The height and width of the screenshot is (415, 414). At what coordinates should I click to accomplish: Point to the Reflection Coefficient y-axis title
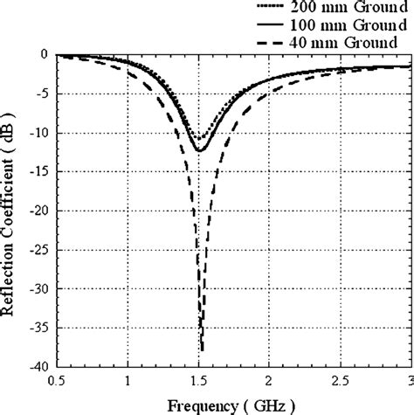(10, 210)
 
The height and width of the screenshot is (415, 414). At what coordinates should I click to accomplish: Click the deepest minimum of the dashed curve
(202, 349)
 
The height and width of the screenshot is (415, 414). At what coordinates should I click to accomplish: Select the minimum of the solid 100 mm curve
(200, 151)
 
